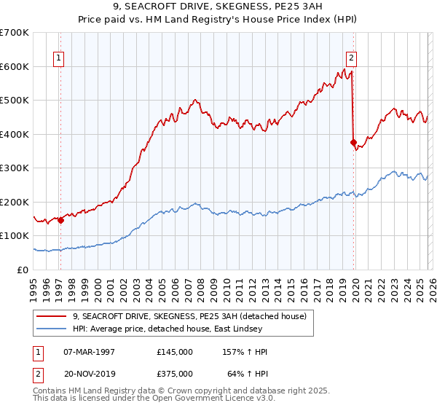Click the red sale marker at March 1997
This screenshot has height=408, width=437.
[x=61, y=221]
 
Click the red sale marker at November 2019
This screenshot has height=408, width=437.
[x=353, y=143]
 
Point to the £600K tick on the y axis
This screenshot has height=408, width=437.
[x=15, y=66]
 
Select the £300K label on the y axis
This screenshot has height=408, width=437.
[x=15, y=168]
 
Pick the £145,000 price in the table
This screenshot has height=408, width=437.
[x=175, y=352]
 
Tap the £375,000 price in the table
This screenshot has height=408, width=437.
[x=175, y=375]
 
